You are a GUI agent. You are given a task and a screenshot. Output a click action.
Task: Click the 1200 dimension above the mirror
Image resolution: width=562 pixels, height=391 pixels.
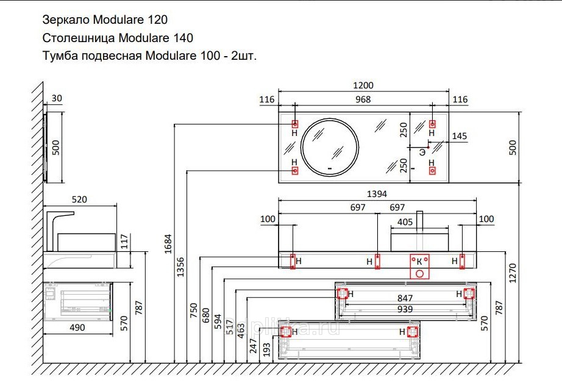(363, 86)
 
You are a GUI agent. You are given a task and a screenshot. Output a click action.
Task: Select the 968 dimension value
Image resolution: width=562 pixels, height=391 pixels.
(363, 99)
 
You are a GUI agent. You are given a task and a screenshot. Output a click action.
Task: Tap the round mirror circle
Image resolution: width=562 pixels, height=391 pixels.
(330, 146)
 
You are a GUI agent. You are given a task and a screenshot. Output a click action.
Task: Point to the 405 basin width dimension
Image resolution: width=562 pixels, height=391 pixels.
(405, 222)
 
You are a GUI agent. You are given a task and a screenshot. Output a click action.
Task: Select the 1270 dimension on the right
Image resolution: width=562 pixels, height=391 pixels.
(513, 271)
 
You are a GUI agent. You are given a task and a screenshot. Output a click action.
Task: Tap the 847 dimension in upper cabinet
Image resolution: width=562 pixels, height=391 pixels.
(405, 298)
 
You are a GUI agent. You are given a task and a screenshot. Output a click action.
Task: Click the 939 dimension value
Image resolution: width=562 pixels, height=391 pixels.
(405, 309)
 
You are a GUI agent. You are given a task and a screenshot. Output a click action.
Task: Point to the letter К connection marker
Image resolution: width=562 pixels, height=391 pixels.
(419, 261)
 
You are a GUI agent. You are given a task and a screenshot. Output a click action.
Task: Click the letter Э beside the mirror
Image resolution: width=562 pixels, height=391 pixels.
(422, 151)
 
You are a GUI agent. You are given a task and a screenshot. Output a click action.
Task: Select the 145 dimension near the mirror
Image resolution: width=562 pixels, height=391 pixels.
(460, 136)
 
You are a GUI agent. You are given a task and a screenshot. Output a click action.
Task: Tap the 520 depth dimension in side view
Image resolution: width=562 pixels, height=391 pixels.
(80, 199)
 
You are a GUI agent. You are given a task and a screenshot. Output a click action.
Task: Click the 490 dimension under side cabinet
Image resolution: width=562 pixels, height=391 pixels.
(77, 328)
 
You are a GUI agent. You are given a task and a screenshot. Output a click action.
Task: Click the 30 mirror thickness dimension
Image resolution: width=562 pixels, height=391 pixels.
(56, 98)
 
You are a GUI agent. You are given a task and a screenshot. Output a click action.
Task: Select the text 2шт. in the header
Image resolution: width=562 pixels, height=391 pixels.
(244, 56)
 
